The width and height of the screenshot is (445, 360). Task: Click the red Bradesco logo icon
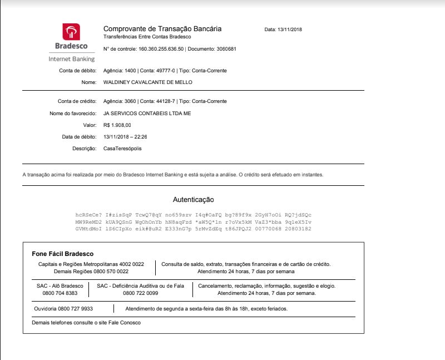pyautogui.click(x=71, y=32)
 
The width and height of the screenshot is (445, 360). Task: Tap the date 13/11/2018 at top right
pyautogui.click(x=289, y=29)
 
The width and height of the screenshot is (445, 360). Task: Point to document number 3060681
pyautogui.click(x=223, y=49)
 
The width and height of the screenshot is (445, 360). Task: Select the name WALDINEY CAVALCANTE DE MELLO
pyautogui.click(x=148, y=82)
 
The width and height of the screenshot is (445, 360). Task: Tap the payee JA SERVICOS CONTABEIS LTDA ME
pyautogui.click(x=147, y=113)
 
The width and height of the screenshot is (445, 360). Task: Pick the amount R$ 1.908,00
pyautogui.click(x=117, y=125)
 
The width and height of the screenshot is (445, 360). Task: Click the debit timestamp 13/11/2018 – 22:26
pyautogui.click(x=129, y=137)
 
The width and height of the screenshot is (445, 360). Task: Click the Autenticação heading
pyautogui.click(x=193, y=199)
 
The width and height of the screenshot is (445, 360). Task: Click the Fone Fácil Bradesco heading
pyautogui.click(x=62, y=254)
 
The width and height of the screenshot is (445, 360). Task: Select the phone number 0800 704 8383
pyautogui.click(x=60, y=293)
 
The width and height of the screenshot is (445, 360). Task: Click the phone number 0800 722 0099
pyautogui.click(x=140, y=293)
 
